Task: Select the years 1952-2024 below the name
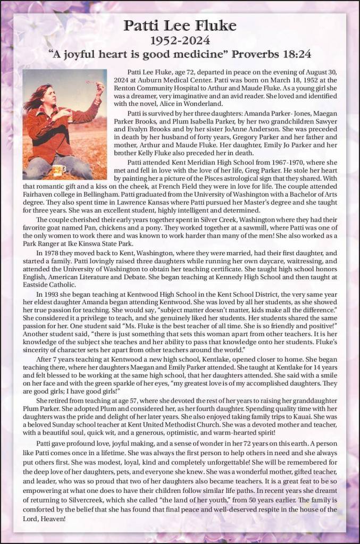pyautogui.click(x=180, y=40)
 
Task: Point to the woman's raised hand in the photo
pyautogui.click(x=98, y=86)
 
